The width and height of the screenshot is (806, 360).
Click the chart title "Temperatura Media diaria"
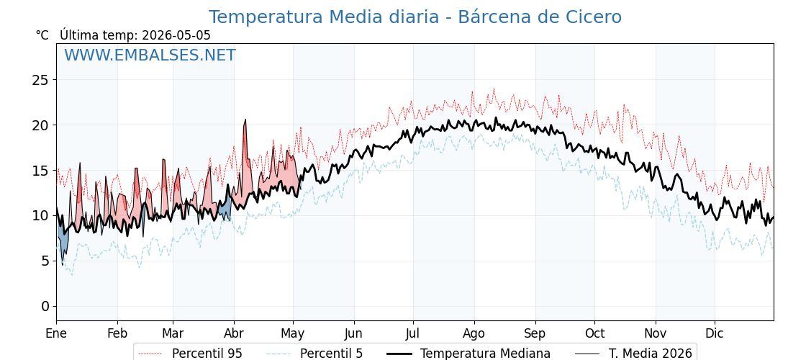pyautogui.click(x=324, y=17)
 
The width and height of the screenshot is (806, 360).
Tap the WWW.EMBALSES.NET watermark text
pyautogui.click(x=150, y=55)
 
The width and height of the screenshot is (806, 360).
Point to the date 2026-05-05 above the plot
pyautogui.click(x=176, y=35)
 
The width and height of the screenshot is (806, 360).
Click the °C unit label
pyautogui.click(x=42, y=35)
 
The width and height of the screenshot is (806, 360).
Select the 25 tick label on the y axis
pyautogui.click(x=40, y=80)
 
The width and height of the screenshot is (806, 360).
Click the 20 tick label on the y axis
pyautogui.click(x=40, y=125)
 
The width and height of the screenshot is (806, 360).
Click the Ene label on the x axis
pyautogui.click(x=57, y=333)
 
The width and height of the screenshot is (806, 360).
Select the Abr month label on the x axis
pyautogui.click(x=235, y=333)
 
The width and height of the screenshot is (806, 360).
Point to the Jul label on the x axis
pyautogui.click(x=414, y=333)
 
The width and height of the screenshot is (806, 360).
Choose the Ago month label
pyautogui.click(x=474, y=333)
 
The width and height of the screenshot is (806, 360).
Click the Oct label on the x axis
pyautogui.click(x=594, y=333)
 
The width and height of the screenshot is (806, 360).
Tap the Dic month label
pyautogui.click(x=715, y=333)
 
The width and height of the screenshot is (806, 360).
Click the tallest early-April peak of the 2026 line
pyautogui.click(x=245, y=120)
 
